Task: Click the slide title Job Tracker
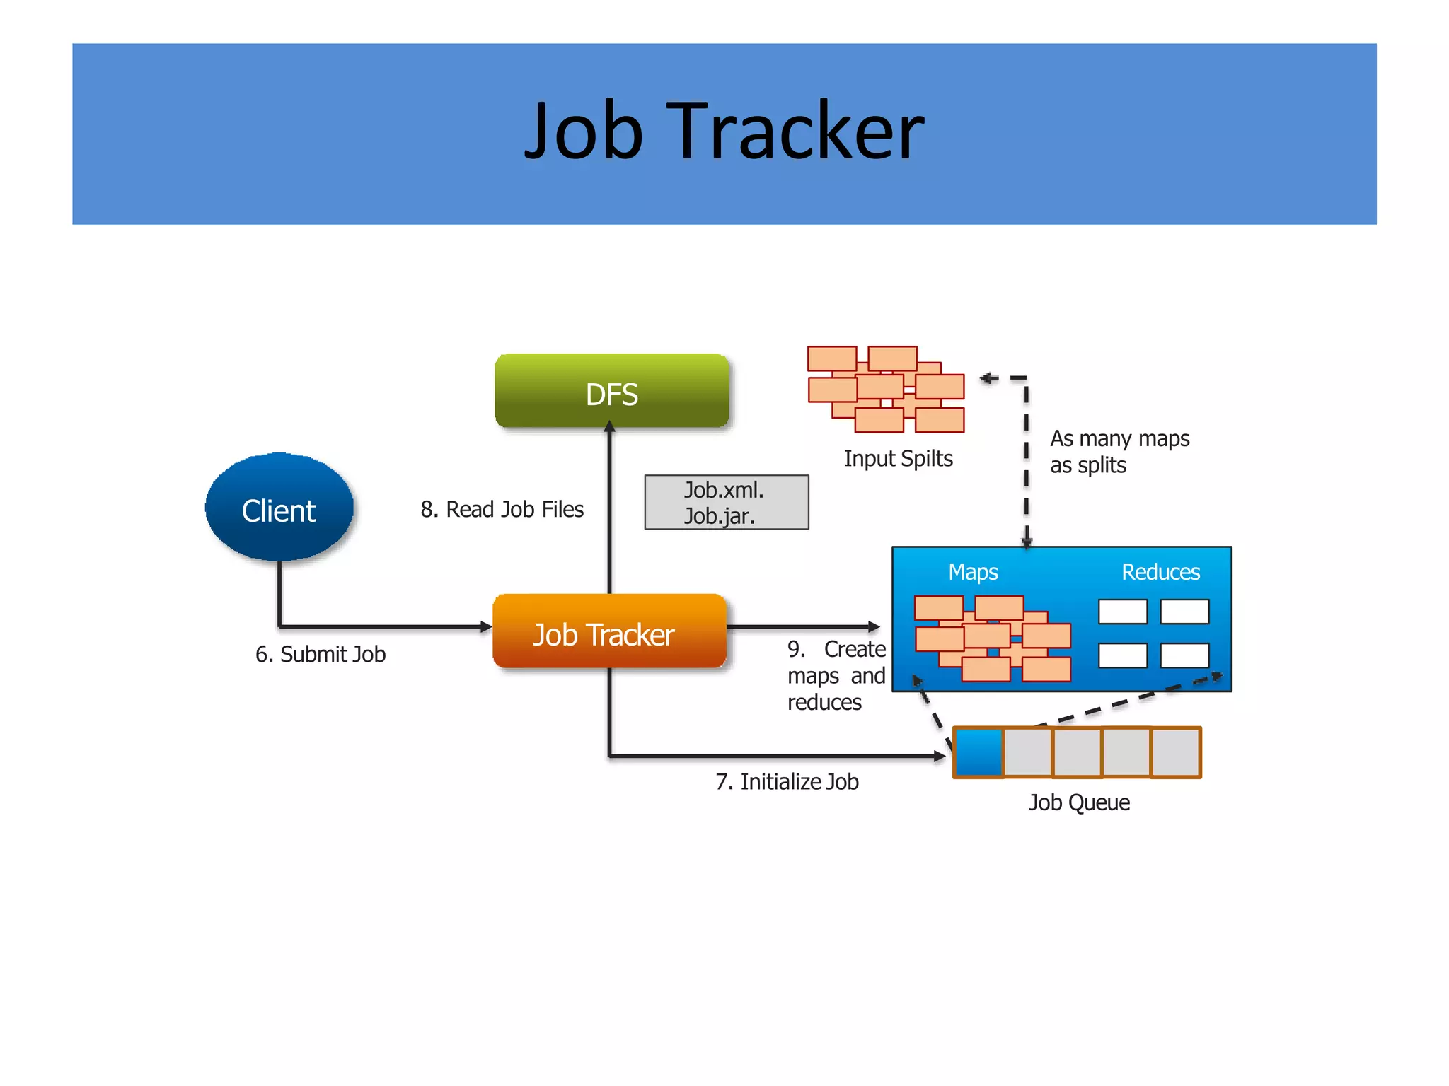coord(724,132)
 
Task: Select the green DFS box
coord(611,392)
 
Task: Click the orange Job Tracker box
coord(609,632)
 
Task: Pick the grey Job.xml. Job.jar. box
coord(726,502)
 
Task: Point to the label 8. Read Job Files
coord(502,509)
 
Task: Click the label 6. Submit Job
coord(321,654)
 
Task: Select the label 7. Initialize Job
coord(787,781)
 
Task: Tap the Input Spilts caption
coord(898,458)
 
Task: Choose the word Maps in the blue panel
coord(973,571)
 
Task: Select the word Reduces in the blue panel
coord(1160,571)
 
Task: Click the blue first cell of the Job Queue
coord(978,752)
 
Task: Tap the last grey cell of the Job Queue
coord(1176,752)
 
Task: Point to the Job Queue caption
coord(1078,802)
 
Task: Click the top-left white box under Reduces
coord(1123,612)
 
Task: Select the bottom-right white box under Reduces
coord(1184,655)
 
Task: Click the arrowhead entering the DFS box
coord(610,426)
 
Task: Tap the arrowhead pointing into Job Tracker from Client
coord(485,626)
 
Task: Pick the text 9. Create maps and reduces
coord(836,675)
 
